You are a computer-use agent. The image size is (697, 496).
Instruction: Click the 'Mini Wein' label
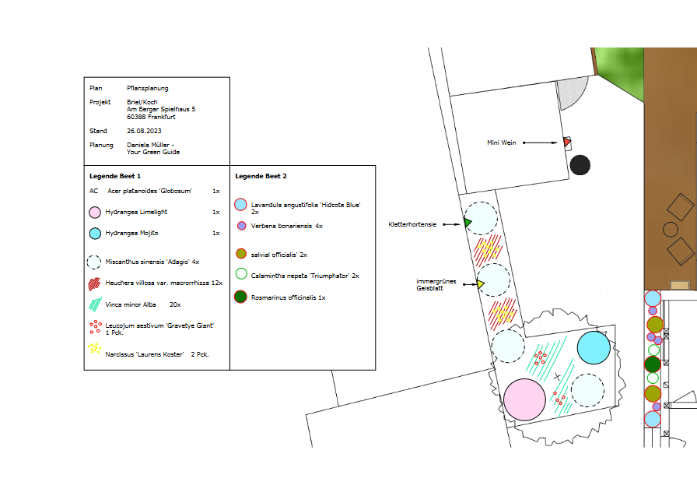click(502, 142)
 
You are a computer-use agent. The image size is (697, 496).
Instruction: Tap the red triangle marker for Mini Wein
click(567, 142)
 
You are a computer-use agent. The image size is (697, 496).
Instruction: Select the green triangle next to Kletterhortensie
click(468, 223)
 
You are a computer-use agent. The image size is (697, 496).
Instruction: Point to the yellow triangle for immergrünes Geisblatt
click(481, 283)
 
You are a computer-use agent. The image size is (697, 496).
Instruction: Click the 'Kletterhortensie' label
click(412, 225)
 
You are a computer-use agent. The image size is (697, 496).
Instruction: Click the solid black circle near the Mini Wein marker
click(580, 165)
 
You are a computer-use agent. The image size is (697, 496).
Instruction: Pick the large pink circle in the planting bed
click(524, 399)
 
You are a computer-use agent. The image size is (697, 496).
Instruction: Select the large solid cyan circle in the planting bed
click(594, 347)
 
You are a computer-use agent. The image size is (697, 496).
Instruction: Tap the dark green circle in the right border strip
click(653, 364)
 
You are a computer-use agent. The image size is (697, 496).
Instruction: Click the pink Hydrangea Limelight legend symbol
click(95, 213)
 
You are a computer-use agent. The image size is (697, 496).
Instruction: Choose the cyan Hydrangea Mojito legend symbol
click(95, 234)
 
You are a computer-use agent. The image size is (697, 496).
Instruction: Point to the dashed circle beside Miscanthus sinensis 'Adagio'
click(94, 262)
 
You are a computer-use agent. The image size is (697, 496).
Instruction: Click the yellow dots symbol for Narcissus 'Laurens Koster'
click(94, 348)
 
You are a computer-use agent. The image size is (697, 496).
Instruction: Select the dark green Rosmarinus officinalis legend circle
click(240, 297)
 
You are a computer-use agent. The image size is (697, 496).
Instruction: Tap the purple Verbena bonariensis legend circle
click(241, 226)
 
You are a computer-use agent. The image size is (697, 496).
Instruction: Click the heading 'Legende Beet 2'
click(261, 176)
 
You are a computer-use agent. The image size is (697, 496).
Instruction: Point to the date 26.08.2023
click(144, 131)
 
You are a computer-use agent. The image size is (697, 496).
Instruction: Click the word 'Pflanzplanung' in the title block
click(148, 88)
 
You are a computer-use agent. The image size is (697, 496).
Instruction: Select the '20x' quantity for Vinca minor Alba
click(175, 304)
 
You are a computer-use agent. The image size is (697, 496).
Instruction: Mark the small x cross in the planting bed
click(558, 377)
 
